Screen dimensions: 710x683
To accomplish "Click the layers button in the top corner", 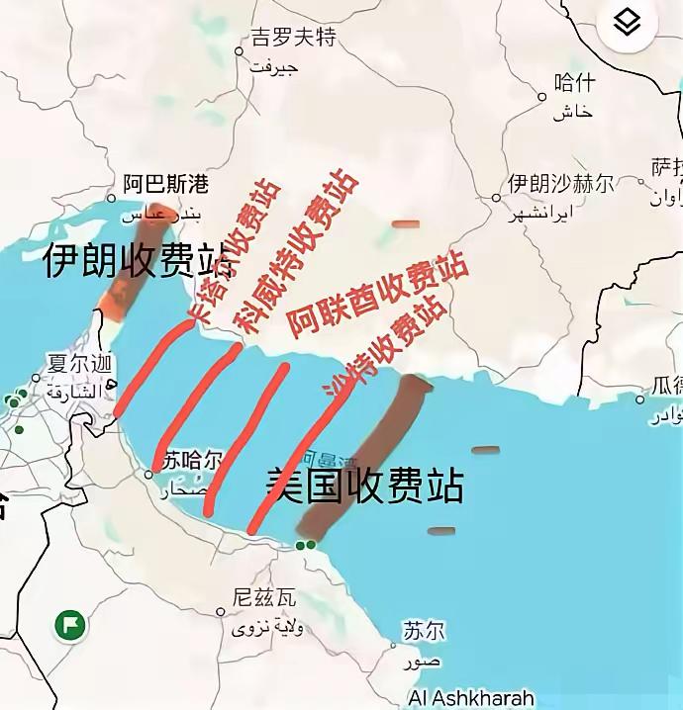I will [x=627, y=25].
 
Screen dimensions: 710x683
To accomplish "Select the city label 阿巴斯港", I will [x=165, y=184].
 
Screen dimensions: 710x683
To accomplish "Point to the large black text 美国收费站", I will [x=365, y=487].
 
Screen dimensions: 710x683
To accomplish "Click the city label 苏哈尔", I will [x=192, y=460].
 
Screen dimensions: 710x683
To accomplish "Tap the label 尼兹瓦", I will [x=263, y=597].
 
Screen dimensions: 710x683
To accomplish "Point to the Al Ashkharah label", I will [x=470, y=697].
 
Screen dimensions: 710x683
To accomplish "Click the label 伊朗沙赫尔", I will [x=560, y=184].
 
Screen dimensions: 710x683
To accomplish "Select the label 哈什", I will [x=574, y=82].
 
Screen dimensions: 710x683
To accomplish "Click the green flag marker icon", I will [x=70, y=625].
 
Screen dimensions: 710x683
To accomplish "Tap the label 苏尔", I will [x=424, y=630].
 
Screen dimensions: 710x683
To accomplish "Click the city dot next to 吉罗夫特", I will [x=239, y=50].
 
